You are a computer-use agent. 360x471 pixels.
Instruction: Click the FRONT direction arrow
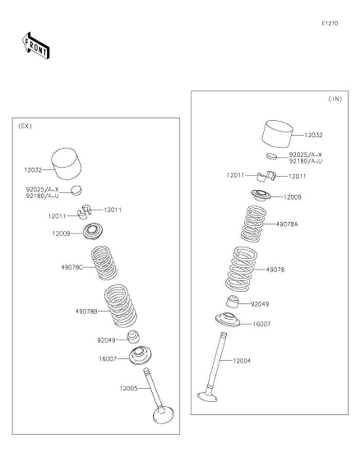(35, 45)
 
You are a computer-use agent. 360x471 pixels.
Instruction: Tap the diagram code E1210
(330, 23)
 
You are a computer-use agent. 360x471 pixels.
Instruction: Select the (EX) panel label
(25, 126)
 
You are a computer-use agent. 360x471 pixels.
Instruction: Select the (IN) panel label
(335, 99)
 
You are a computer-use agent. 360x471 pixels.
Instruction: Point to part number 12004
(241, 361)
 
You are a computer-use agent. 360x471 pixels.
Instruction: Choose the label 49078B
(86, 311)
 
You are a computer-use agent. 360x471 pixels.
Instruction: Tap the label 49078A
(287, 224)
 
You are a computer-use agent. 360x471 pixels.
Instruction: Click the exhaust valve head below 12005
(164, 414)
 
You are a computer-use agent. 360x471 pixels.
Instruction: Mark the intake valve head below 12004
(208, 396)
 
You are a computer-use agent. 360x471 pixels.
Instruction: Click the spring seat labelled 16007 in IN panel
(228, 319)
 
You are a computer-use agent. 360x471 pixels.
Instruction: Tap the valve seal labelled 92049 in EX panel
(134, 338)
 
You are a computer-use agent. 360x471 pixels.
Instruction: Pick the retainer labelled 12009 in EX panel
(93, 231)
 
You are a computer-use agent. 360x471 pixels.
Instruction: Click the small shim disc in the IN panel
(272, 155)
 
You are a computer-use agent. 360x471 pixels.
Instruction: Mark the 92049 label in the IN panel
(260, 304)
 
